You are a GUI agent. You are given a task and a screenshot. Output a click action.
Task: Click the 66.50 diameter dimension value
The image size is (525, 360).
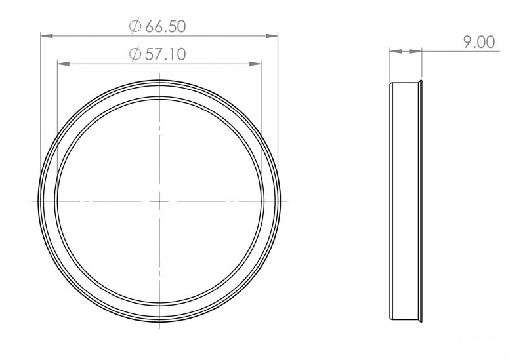click(x=165, y=26)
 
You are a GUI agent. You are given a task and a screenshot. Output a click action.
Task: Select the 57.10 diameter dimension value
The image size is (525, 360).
click(x=165, y=54)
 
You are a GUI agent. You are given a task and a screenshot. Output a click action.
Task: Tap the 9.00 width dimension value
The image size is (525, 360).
click(x=479, y=42)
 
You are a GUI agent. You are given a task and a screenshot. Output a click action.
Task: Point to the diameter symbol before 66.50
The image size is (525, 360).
click(x=135, y=26)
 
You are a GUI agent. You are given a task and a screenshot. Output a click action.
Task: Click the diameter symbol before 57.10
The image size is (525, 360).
click(x=135, y=54)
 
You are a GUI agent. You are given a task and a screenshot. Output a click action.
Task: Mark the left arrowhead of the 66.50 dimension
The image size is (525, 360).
click(x=47, y=36)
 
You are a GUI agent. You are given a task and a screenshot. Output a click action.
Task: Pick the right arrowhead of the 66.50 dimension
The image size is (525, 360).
click(x=272, y=36)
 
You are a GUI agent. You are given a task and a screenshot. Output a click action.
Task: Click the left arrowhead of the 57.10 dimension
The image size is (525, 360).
click(x=63, y=64)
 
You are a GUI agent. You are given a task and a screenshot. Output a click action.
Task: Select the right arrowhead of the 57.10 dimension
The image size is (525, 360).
click(x=255, y=64)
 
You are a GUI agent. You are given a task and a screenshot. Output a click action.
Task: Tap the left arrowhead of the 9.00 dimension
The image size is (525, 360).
click(x=396, y=52)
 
